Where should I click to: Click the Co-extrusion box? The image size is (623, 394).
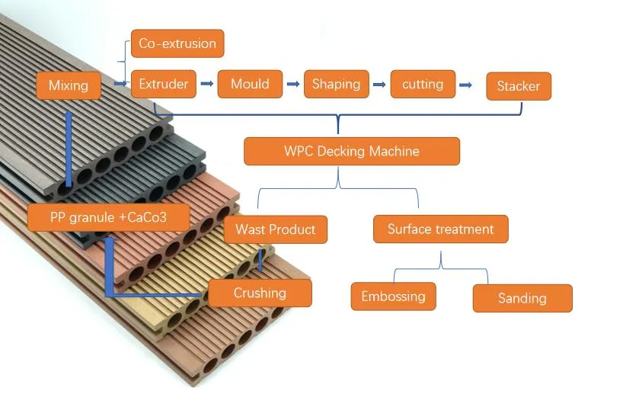[177, 43]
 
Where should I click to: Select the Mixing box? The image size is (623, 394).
[69, 85]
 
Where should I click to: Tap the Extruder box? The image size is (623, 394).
[164, 84]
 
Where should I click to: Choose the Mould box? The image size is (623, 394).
[250, 84]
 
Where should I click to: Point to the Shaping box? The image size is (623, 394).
[336, 85]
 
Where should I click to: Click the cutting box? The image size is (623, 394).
[422, 85]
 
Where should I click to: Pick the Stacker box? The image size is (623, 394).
[518, 86]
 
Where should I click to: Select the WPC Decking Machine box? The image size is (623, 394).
[351, 151]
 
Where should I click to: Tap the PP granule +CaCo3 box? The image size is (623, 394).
[108, 218]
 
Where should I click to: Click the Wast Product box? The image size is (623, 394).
[275, 229]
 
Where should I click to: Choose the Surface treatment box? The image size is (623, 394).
[440, 229]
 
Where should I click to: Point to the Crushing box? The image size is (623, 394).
[260, 293]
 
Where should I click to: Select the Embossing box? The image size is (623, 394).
[393, 296]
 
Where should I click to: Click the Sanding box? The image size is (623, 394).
[522, 298]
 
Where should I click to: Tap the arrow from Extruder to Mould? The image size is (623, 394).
[207, 84]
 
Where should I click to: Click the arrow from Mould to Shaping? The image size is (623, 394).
[293, 85]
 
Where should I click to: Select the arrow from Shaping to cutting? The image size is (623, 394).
[379, 85]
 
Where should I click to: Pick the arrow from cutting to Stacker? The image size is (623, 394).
[470, 85]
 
